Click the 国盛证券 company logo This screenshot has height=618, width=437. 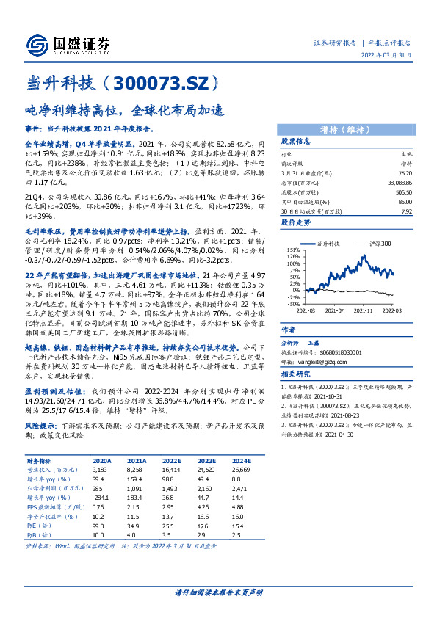pos(65,42)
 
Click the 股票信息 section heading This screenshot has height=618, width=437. pos(295,141)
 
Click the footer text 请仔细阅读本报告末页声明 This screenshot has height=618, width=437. pos(218,592)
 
